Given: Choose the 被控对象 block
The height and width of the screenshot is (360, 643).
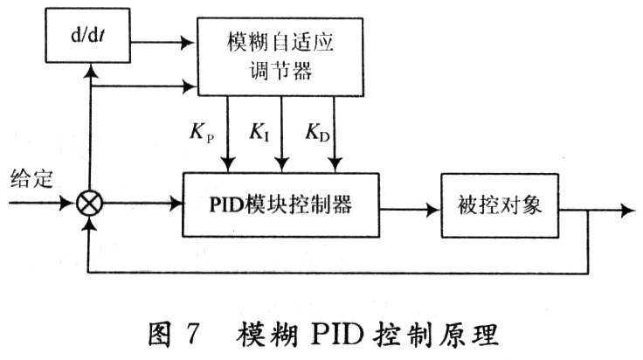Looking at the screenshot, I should [501, 204].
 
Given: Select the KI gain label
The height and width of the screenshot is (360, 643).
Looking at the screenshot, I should [260, 133].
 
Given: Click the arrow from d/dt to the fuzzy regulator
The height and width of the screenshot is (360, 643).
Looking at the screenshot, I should [183, 40].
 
